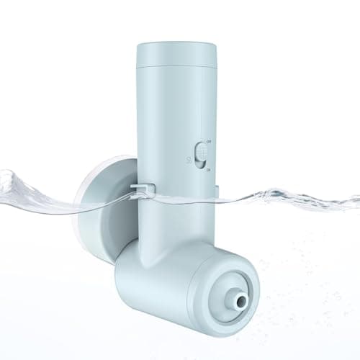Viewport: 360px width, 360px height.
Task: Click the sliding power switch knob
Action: tap(203, 154)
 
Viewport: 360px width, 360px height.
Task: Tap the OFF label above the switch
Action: tap(209, 141)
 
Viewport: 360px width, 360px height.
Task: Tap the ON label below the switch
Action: tap(208, 170)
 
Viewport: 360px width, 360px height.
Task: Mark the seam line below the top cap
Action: tap(176, 68)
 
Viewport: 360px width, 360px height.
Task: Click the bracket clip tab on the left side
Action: tap(143, 189)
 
